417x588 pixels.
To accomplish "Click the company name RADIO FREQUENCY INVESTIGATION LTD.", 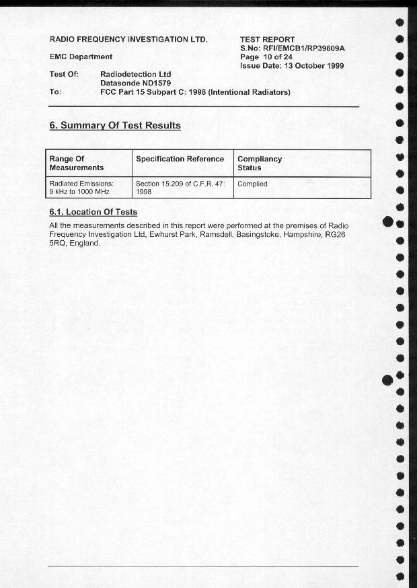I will (x=128, y=40).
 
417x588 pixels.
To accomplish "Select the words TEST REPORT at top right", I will (x=267, y=40).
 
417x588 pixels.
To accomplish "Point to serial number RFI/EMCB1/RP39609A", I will (x=304, y=48).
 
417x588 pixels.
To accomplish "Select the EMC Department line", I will (x=81, y=57).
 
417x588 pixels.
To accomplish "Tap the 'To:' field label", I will (x=55, y=92).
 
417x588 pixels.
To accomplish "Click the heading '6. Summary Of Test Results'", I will (x=115, y=125).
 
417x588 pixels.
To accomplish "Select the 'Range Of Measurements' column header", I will (x=77, y=163).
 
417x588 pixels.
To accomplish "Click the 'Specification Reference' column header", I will (x=180, y=159).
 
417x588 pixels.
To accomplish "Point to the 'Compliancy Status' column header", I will (x=260, y=163).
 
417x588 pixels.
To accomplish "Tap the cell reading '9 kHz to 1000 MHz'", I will (x=79, y=192).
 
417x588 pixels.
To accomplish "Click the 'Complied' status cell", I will (x=252, y=184).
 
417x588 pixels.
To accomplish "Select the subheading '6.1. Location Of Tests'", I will (x=93, y=213).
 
